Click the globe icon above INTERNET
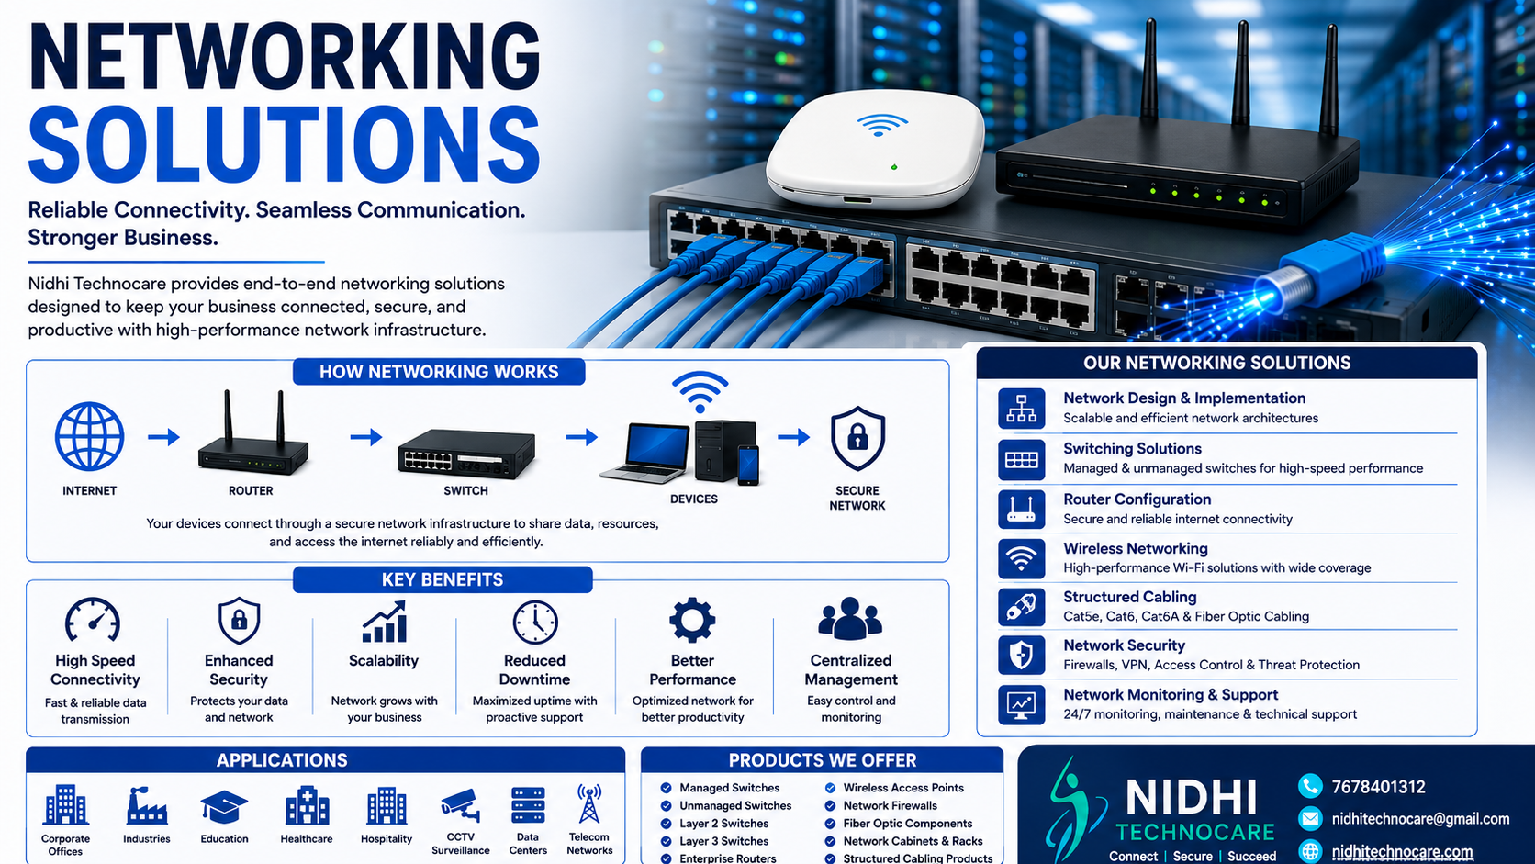click(x=89, y=436)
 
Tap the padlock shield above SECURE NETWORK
click(x=857, y=439)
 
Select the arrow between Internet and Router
click(x=163, y=436)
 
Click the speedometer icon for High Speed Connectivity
click(x=94, y=620)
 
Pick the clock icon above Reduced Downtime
click(x=535, y=623)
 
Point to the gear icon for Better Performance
click(x=692, y=620)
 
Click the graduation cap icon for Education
click(x=223, y=806)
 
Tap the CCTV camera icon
click(x=461, y=805)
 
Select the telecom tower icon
click(x=589, y=803)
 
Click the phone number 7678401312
click(x=1378, y=787)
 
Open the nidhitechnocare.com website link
click(x=1402, y=852)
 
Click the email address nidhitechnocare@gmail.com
click(x=1420, y=819)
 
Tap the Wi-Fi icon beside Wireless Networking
click(x=1021, y=558)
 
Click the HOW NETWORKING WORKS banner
click(x=439, y=371)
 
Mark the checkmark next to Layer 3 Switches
click(x=666, y=841)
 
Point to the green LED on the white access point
click(x=893, y=167)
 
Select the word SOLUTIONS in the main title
click(x=284, y=144)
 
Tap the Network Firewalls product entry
click(x=890, y=806)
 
